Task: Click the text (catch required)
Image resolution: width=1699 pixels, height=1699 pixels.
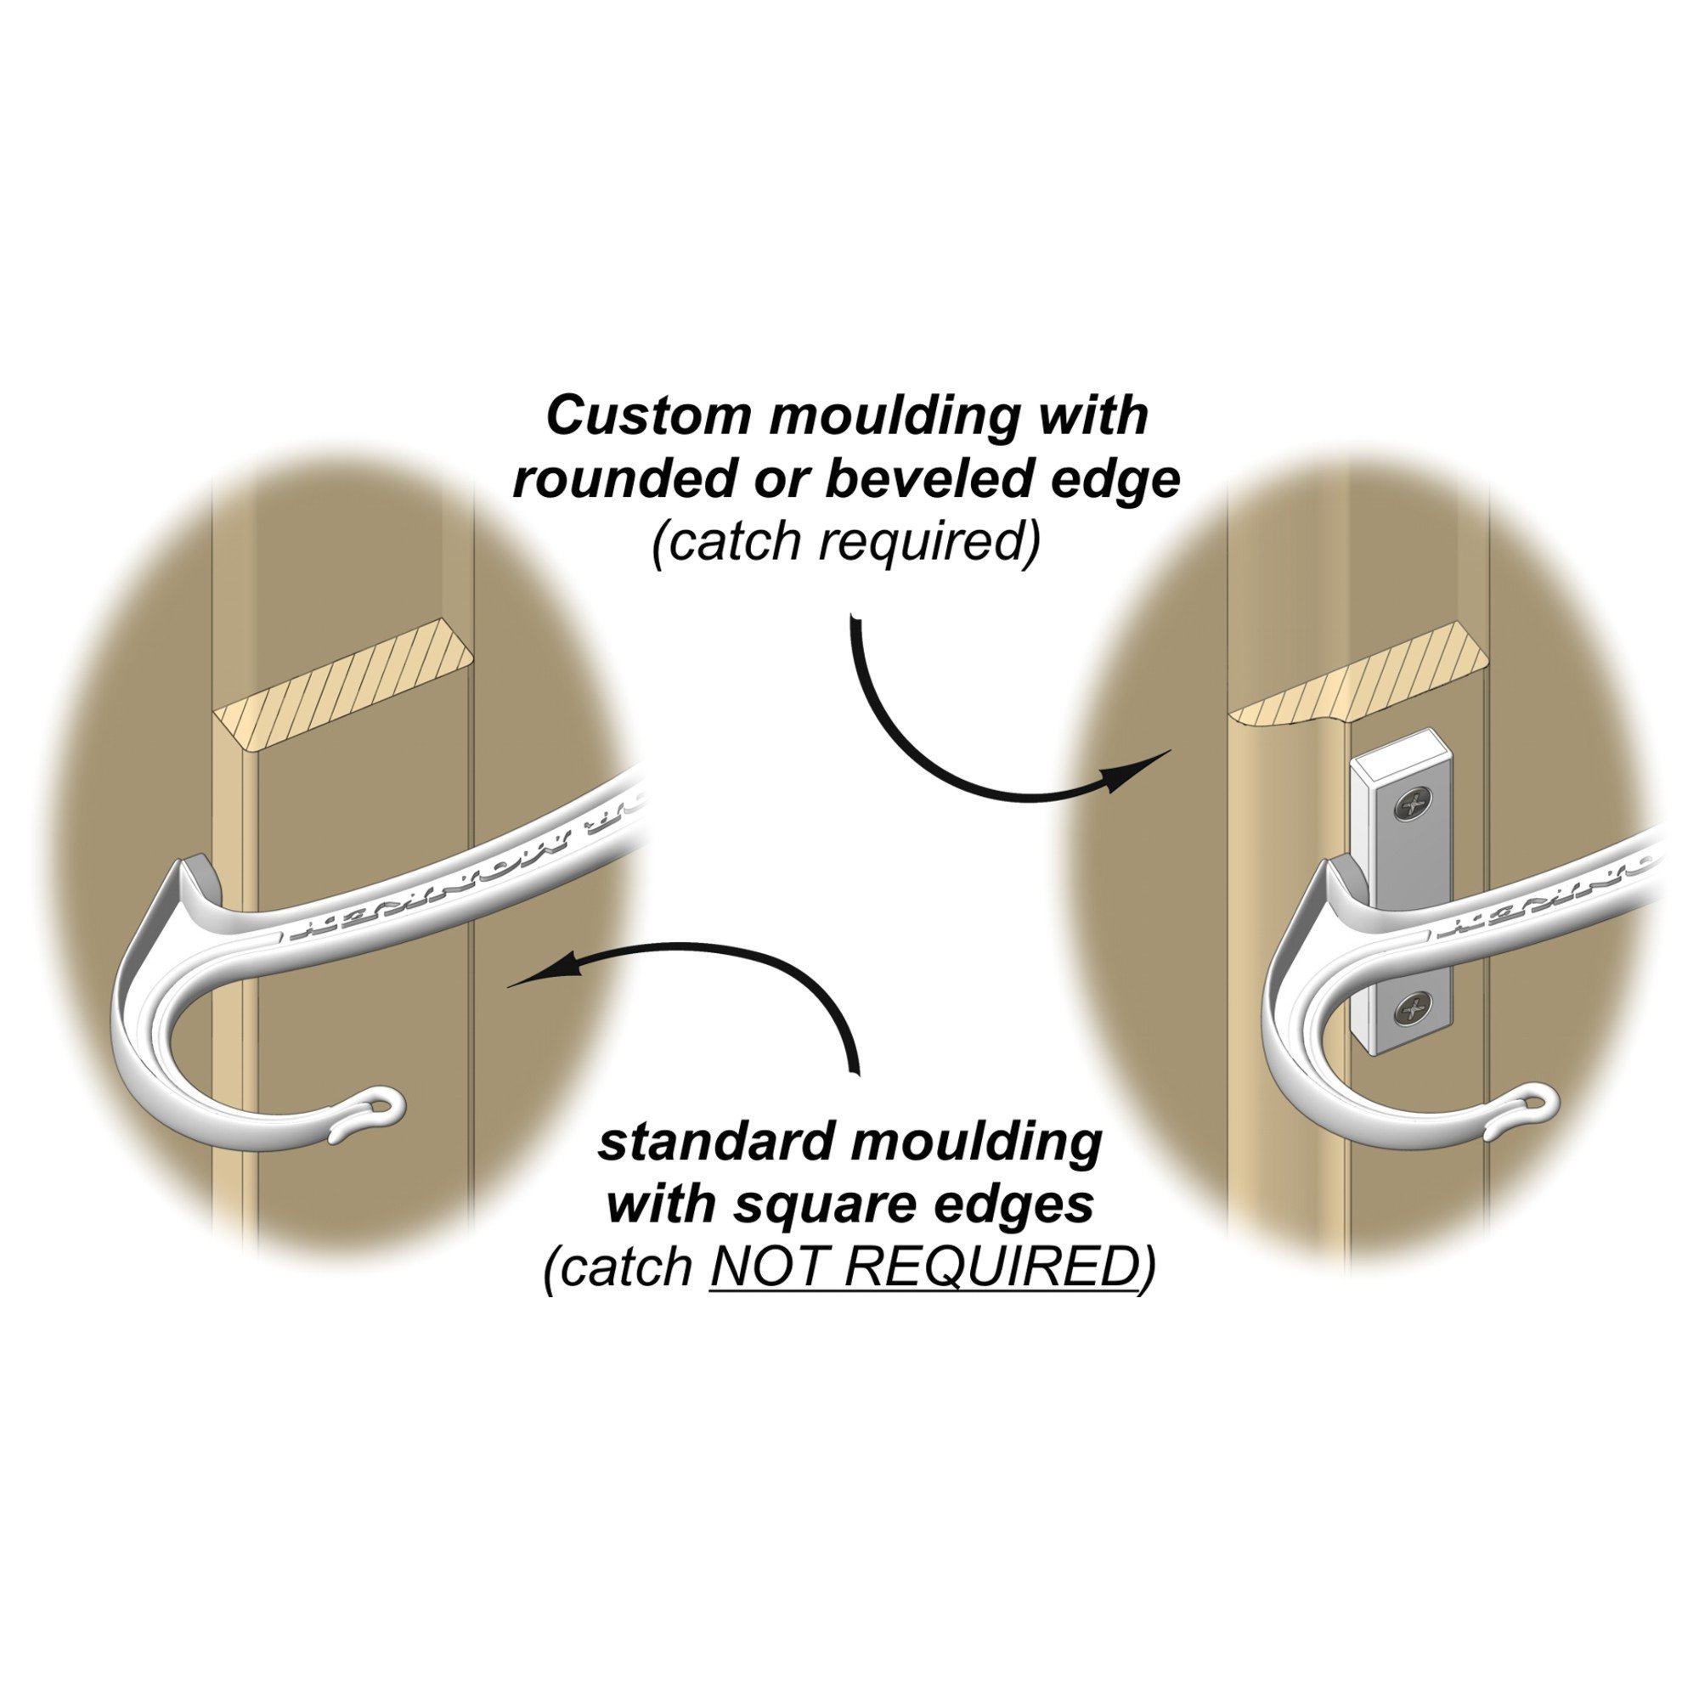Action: (846, 541)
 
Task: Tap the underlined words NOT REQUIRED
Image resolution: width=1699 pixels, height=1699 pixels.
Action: (923, 1267)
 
